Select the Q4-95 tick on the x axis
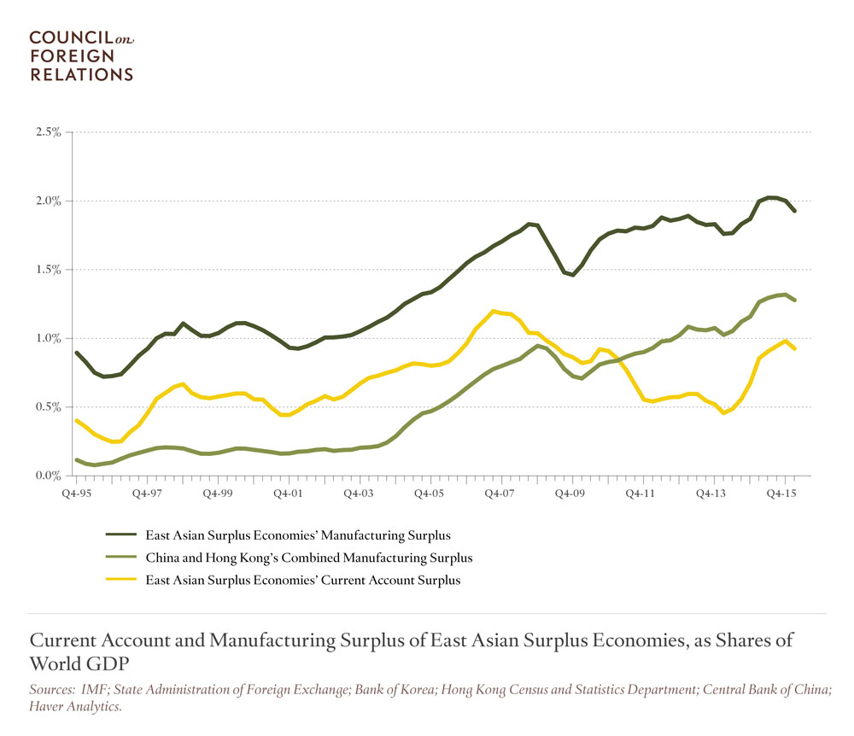click(x=77, y=494)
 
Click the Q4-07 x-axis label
click(x=500, y=494)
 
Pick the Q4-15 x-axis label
click(x=781, y=494)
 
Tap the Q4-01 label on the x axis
click(x=288, y=494)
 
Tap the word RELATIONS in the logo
click(x=82, y=74)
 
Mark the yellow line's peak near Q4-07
click(x=494, y=311)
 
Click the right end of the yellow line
click(x=795, y=348)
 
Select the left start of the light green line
click(x=77, y=459)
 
